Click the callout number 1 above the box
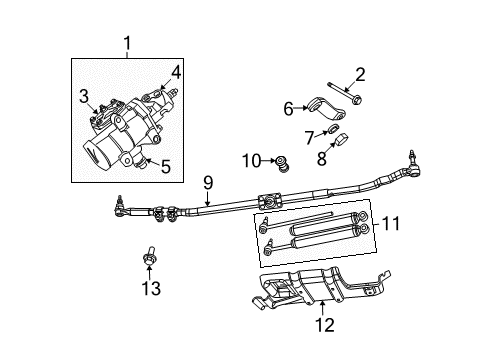click(127, 43)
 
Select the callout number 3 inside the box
click(86, 95)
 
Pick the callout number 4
click(175, 71)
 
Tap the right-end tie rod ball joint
click(409, 160)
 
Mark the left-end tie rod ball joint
click(121, 207)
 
